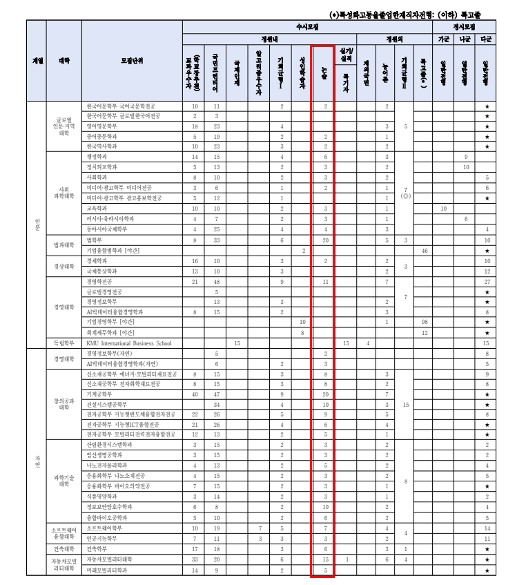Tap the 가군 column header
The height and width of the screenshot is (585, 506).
pyautogui.click(x=444, y=39)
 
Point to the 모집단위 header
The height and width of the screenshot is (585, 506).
pyautogui.click(x=132, y=61)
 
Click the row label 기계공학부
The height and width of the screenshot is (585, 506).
pyautogui.click(x=101, y=394)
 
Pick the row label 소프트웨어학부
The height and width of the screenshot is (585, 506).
pyautogui.click(x=104, y=528)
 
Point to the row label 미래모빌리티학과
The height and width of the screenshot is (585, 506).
pyautogui.click(x=107, y=570)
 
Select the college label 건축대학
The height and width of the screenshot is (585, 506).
pyautogui.click(x=64, y=549)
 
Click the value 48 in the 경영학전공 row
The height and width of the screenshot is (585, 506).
pyautogui.click(x=216, y=282)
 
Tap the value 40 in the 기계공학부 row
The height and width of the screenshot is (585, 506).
pyautogui.click(x=195, y=394)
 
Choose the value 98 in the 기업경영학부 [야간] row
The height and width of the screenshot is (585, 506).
pyautogui.click(x=425, y=322)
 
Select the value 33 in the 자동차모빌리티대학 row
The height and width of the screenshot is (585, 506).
pyautogui.click(x=195, y=559)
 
